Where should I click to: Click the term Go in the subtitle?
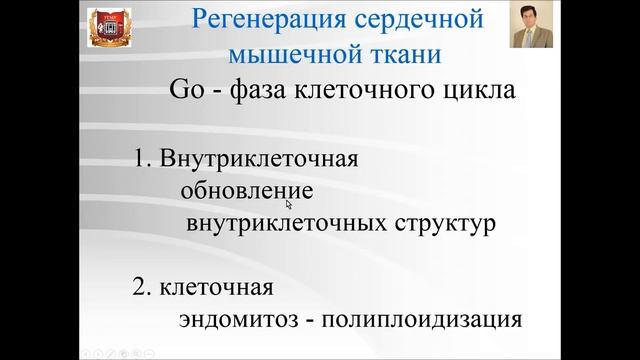tap(188, 92)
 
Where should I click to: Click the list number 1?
tap(139, 158)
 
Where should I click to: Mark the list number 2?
tap(140, 288)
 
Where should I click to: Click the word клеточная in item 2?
tap(216, 288)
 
